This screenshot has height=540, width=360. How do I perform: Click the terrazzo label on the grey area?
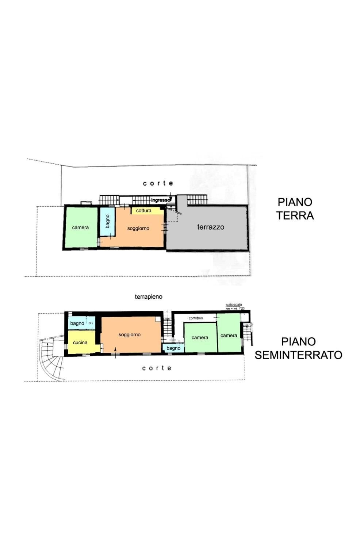tap(211, 227)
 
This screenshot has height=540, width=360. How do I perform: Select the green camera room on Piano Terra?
tap(81, 227)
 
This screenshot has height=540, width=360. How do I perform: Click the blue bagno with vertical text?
tap(107, 221)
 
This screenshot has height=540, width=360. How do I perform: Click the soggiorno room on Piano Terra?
tap(138, 229)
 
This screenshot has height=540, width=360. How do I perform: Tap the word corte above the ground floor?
tap(158, 183)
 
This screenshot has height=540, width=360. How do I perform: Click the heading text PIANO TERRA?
tap(295, 208)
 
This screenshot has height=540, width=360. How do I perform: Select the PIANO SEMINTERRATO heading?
tap(298, 348)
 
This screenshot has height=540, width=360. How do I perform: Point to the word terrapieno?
tap(149, 297)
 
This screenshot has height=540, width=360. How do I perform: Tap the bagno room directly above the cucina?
tap(77, 323)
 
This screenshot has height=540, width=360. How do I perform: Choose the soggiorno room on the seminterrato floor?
tap(130, 334)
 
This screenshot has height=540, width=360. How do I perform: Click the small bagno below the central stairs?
tap(173, 348)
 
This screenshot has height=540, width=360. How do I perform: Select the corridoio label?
tap(196, 318)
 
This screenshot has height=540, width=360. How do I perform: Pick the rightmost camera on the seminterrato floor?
tap(229, 335)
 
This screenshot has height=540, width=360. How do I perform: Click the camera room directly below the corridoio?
tap(200, 338)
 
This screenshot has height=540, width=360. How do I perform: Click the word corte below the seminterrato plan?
tap(157, 368)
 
